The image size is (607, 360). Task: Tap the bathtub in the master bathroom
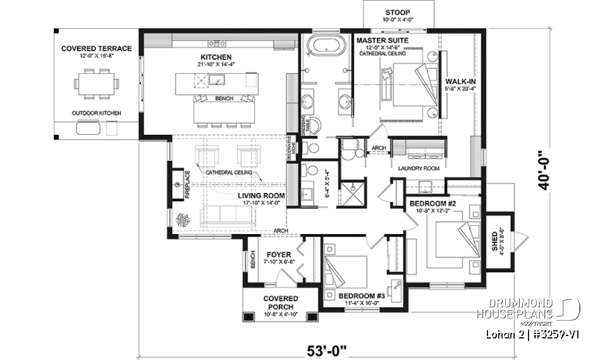click(326, 47)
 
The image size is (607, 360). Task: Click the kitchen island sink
click(216, 80)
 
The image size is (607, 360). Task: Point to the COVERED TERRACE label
click(97, 48)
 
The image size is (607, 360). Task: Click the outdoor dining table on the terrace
click(96, 84)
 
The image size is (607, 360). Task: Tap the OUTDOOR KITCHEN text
click(96, 113)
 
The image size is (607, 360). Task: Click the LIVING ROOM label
click(261, 196)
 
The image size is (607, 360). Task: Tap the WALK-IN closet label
click(461, 82)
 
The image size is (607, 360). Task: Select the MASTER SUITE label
click(382, 40)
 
